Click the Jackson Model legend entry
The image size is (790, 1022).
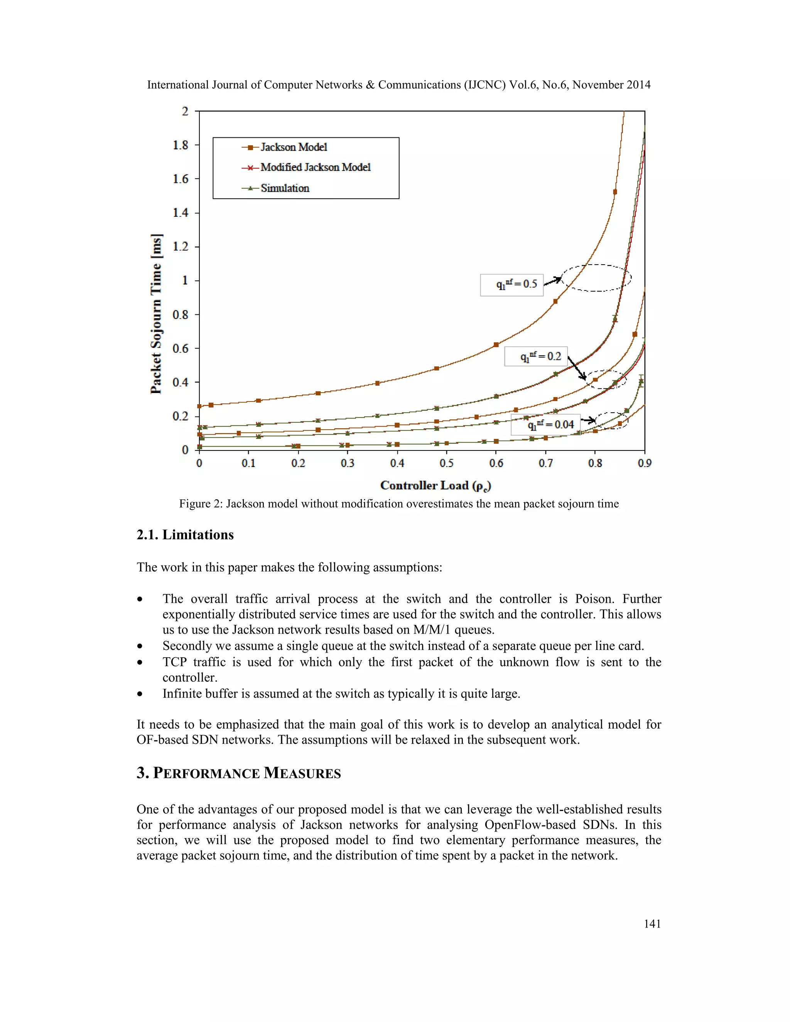tap(294, 147)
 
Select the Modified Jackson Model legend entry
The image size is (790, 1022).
tap(315, 167)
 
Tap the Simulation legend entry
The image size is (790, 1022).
tap(285, 188)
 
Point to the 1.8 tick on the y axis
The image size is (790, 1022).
tap(181, 145)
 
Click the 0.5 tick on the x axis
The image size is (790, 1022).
tap(446, 463)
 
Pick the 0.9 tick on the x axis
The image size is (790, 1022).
tap(645, 463)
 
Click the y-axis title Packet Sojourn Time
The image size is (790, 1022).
tap(156, 314)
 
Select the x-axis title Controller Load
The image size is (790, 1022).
tap(435, 486)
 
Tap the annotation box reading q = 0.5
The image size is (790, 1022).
tap(511, 285)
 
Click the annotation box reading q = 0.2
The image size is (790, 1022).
tap(536, 357)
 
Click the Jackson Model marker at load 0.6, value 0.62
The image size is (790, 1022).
tap(496, 345)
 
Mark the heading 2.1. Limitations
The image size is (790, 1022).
tap(185, 535)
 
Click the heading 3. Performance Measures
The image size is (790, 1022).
tap(239, 772)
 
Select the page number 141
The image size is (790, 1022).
tap(652, 924)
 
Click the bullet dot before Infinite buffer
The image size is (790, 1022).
tap(140, 694)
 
